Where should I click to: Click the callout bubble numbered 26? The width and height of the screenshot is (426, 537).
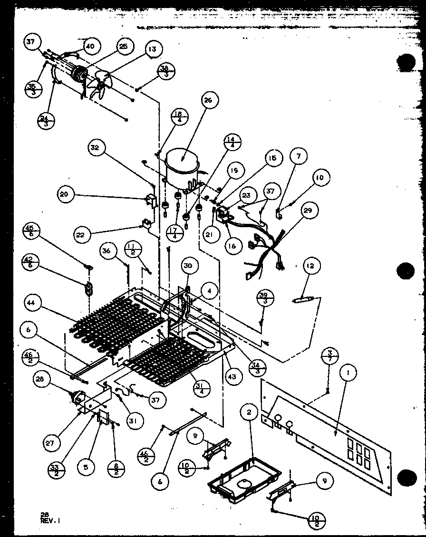[210, 101]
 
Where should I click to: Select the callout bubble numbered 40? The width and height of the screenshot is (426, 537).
[90, 47]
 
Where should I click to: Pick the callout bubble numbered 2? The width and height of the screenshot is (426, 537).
[249, 413]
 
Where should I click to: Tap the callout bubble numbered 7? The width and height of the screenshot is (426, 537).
[299, 156]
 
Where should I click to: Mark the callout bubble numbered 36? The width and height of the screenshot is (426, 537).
[108, 251]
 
